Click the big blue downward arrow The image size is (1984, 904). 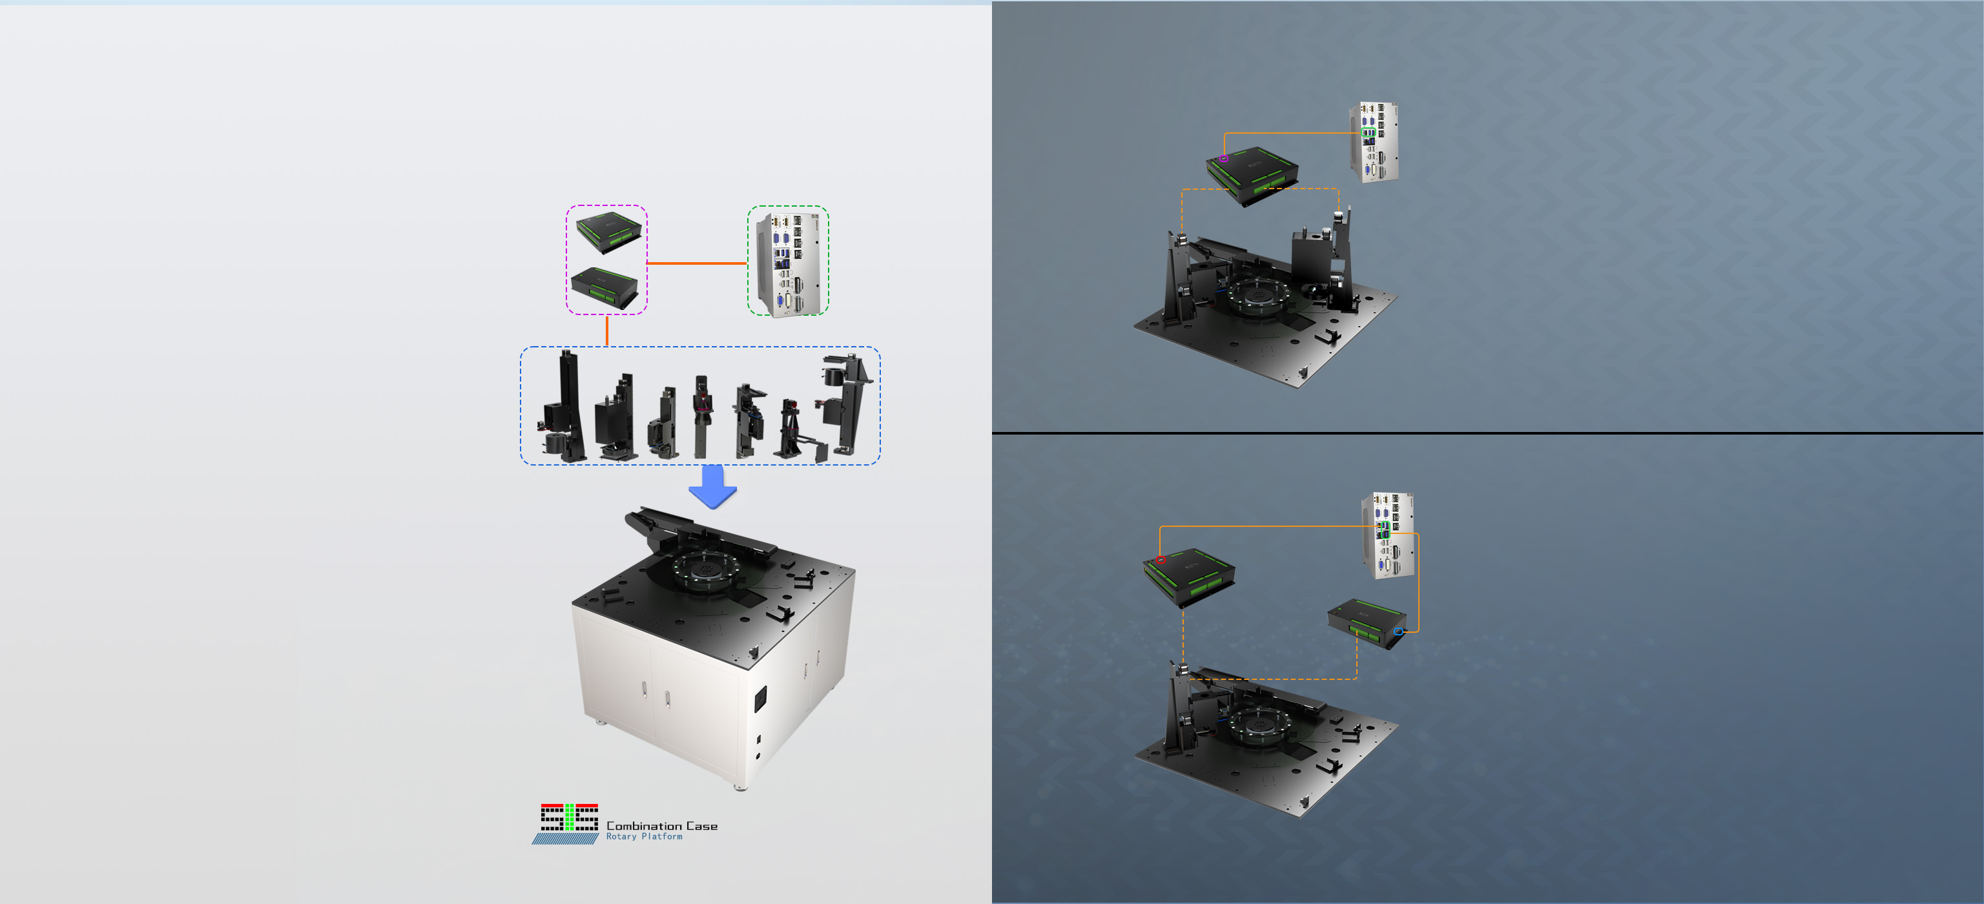point(712,487)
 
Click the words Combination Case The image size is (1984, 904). point(661,825)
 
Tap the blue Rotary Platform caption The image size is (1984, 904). point(644,836)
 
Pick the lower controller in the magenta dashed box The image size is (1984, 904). point(605,288)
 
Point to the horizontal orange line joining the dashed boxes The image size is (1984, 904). point(697,263)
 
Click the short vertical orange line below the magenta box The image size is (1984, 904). point(607,331)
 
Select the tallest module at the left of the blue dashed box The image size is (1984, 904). point(564,407)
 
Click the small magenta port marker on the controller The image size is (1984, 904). point(1224,159)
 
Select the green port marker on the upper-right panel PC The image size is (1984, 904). point(1369,132)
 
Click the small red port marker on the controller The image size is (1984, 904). point(1161,560)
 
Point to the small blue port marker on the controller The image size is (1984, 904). point(1398,632)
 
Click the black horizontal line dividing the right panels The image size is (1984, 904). point(1487,433)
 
